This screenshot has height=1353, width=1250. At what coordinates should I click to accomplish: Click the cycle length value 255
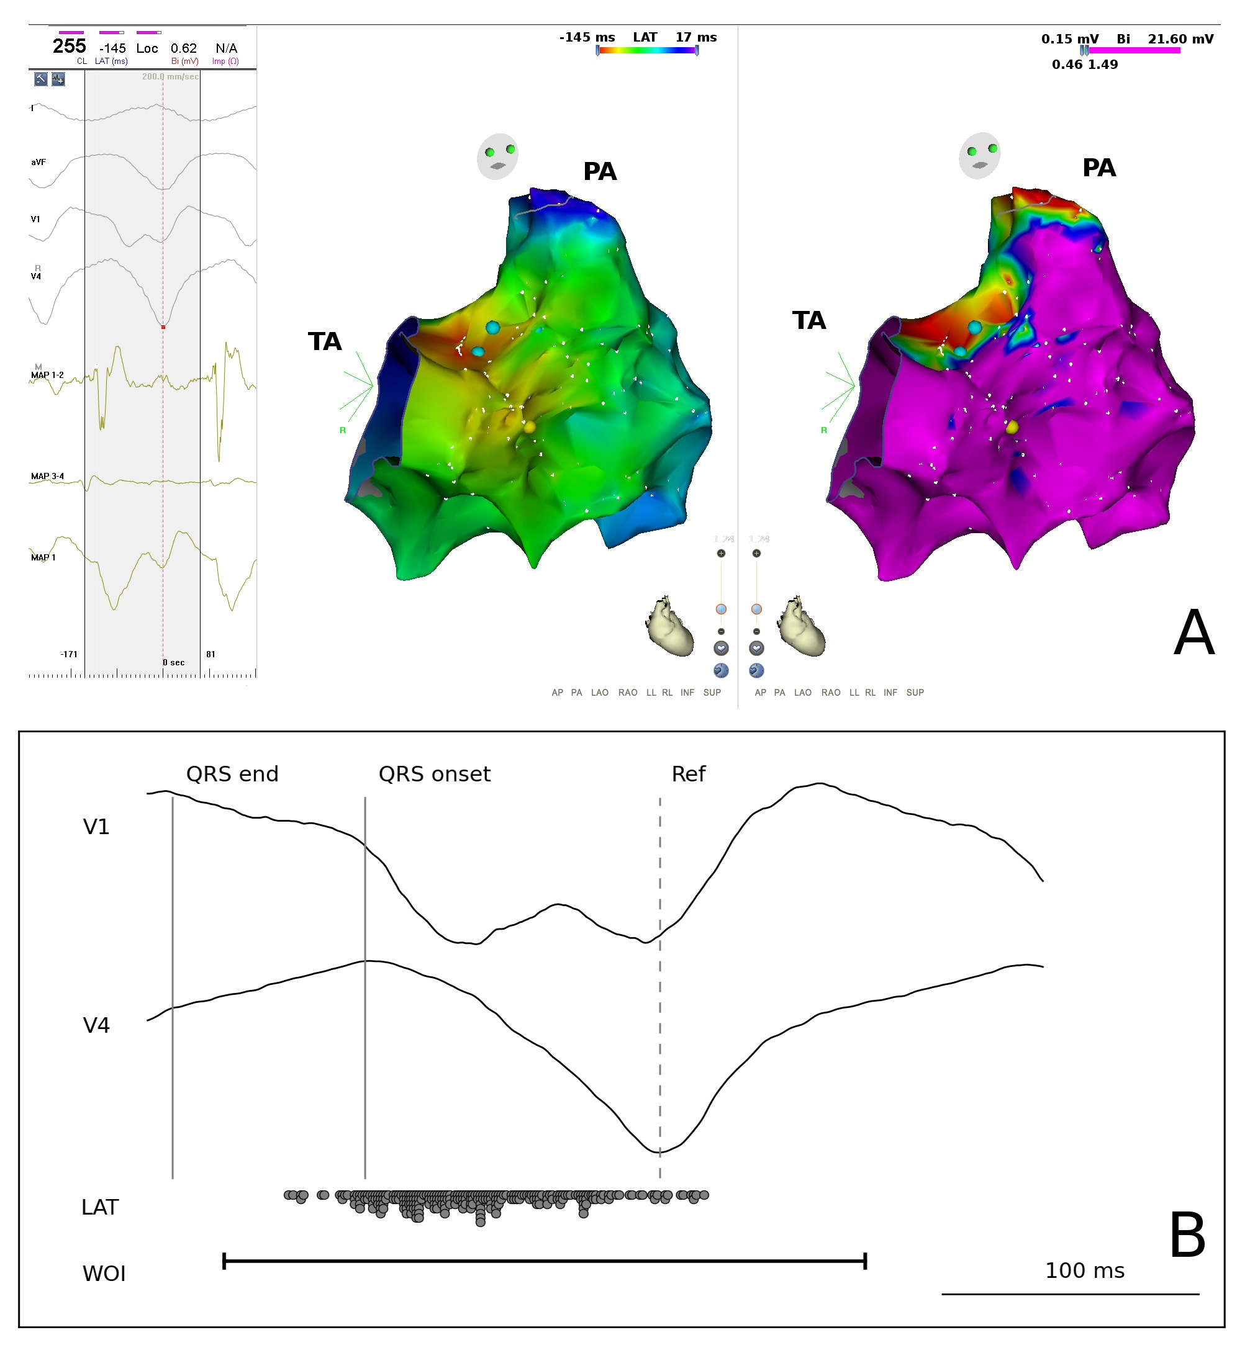69,46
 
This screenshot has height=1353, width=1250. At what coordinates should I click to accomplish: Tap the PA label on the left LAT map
599,172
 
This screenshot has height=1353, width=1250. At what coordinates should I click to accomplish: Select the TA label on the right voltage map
808,320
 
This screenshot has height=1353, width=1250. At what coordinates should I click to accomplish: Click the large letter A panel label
1194,634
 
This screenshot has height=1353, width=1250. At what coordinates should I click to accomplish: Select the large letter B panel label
1187,1236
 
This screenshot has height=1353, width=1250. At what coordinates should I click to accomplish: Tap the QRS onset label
434,774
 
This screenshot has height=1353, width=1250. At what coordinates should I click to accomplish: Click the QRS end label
232,774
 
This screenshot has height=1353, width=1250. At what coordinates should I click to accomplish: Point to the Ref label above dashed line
688,774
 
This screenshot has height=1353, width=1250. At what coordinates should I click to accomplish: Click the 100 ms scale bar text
1084,1271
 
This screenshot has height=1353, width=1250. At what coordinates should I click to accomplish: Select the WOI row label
104,1274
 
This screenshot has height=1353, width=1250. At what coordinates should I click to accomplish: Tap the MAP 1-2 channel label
47,375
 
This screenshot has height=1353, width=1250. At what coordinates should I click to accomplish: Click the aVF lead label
38,162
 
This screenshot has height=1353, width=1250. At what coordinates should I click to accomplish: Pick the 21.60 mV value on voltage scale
1180,39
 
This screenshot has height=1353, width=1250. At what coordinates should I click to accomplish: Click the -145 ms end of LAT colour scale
586,37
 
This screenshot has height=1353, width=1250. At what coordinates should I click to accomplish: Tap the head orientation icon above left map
498,156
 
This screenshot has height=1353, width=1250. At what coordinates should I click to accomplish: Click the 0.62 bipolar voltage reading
183,48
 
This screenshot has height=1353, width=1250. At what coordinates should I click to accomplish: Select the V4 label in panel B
96,1026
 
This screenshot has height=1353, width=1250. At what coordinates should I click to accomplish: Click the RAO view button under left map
628,693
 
